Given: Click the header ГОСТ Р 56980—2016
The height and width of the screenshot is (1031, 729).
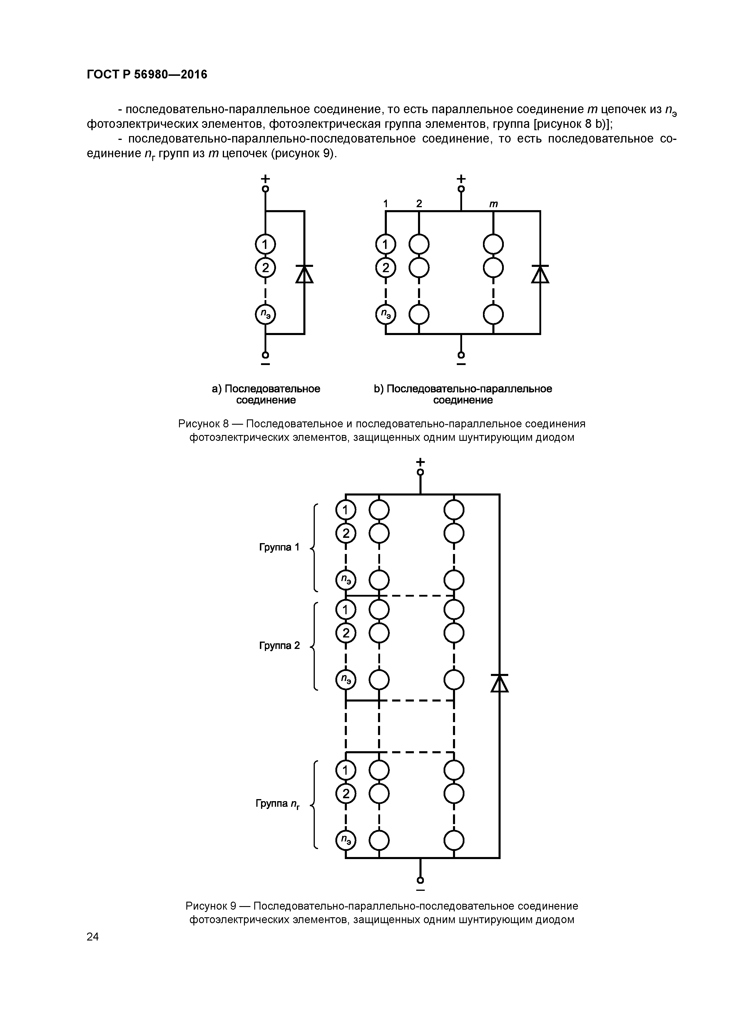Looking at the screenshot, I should tap(147, 75).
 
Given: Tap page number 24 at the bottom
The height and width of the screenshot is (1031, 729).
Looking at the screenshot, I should tap(93, 936).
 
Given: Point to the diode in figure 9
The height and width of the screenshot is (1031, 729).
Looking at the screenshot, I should tap(499, 683).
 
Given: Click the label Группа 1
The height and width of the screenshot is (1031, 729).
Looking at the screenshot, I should tap(279, 547).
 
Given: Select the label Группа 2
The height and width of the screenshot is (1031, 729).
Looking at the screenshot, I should tap(279, 646).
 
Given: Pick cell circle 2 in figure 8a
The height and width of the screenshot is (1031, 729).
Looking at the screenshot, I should tap(265, 268).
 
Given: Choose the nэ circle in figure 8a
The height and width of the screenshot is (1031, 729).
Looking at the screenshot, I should tap(265, 314).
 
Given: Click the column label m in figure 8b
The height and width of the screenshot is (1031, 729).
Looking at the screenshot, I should tap(493, 204).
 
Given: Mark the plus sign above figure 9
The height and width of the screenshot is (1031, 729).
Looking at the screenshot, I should tap(420, 462).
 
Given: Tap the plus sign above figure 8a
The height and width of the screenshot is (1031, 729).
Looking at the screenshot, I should tap(265, 178).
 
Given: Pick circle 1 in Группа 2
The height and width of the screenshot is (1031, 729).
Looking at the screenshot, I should tap(345, 610).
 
